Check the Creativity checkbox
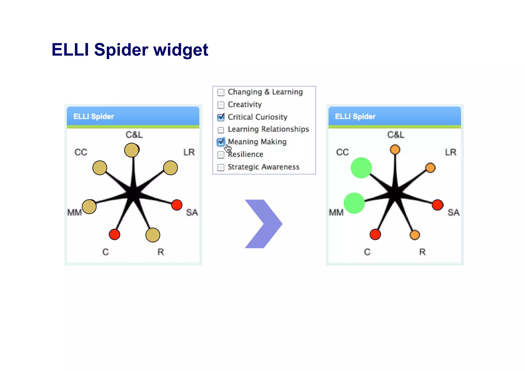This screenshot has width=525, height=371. click(221, 105)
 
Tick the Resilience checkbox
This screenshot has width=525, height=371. click(221, 155)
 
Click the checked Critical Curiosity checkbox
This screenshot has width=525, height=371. click(221, 117)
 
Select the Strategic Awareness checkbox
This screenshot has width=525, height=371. click(221, 167)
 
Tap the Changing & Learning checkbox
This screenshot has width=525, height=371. click(221, 92)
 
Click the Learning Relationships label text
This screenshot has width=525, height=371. click(268, 129)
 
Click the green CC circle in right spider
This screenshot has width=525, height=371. click(361, 168)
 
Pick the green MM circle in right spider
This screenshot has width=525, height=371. click(354, 203)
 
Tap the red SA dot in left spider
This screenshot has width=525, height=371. click(177, 205)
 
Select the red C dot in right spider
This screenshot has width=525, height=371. click(375, 234)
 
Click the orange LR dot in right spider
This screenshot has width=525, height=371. click(430, 168)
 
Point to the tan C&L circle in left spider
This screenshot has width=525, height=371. click(132, 150)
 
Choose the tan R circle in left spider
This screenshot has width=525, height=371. click(153, 235)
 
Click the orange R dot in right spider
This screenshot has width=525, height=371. click(415, 235)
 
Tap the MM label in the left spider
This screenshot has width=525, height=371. click(74, 212)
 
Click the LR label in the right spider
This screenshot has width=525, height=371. click(451, 152)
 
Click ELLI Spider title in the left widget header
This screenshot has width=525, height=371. click(94, 116)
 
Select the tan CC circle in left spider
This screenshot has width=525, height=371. click(100, 168)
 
